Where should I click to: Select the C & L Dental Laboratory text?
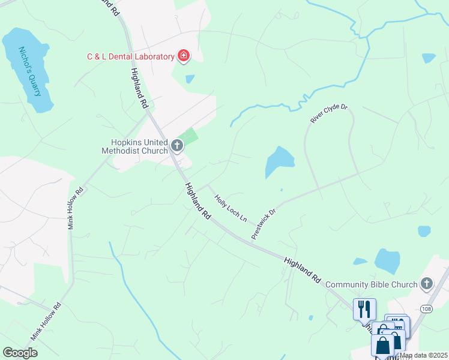point(129,57)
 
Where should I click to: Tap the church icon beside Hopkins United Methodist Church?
point(177,145)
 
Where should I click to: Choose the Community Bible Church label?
point(372,284)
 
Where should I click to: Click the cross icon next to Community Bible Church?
point(427,283)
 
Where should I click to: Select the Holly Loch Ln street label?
point(231,206)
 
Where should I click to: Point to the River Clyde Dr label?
point(329,113)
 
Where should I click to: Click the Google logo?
point(20,353)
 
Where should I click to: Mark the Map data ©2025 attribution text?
point(423,355)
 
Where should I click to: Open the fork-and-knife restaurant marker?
point(364,310)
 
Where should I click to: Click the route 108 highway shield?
point(426,309)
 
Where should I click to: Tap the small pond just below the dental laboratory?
point(190,79)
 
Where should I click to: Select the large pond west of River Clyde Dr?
point(279,161)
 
